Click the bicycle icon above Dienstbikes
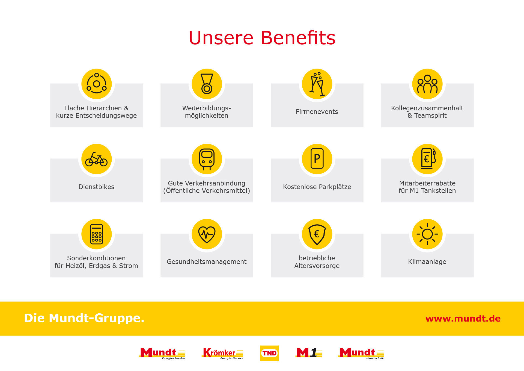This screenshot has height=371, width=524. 96,159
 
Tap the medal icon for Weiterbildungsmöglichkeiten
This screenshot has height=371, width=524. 207,84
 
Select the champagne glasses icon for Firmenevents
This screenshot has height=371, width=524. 317,84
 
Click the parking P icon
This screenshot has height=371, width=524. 317,158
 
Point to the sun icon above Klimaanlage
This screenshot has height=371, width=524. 427,234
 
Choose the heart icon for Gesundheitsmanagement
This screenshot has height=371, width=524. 207,234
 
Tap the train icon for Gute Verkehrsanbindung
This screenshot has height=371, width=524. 207,159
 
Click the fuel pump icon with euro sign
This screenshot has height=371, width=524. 428,158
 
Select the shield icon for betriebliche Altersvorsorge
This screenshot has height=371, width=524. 317,234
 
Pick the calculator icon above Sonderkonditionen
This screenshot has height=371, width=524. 97,234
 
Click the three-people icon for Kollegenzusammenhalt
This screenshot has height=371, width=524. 427,84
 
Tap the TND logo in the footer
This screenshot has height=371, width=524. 269,353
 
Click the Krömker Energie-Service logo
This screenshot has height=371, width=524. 223,353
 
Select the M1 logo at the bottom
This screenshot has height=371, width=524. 309,352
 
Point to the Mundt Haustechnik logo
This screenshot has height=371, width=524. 361,353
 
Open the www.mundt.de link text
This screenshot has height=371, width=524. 463,319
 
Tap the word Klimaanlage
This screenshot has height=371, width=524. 427,262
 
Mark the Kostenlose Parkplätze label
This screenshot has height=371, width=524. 317,187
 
